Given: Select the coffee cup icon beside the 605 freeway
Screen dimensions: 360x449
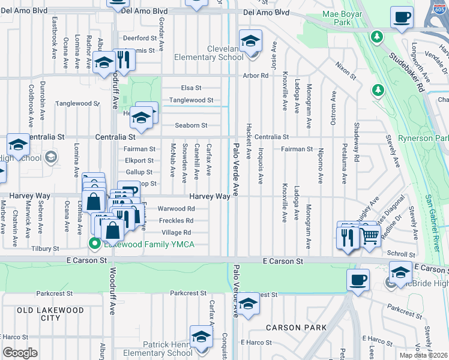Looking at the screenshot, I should tap(402, 17).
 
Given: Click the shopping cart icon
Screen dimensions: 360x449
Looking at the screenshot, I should tap(370, 238).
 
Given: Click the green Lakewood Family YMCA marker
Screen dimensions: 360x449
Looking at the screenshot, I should tap(94, 243).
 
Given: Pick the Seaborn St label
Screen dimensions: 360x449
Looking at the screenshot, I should tap(190, 125).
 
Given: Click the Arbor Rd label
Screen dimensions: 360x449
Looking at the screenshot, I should tap(255, 76).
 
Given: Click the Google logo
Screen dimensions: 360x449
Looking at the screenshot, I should tap(20, 353).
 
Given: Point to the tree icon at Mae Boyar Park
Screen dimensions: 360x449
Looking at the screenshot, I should tap(377, 37).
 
